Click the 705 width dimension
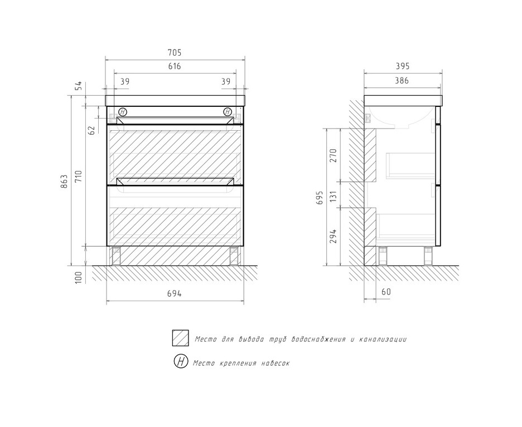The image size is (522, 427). coord(175,52)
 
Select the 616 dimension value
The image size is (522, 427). coord(175,66)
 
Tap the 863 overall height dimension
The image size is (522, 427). coord(65,181)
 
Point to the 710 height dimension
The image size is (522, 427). coord(79,176)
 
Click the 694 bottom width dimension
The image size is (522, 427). coord(175,294)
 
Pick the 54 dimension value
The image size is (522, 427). coord(79,86)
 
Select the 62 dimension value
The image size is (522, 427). coord(93,130)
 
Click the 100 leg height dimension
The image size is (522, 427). coord(79,277)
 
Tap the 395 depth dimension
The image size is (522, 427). coord(403,66)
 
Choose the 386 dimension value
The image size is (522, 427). coord(402,80)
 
